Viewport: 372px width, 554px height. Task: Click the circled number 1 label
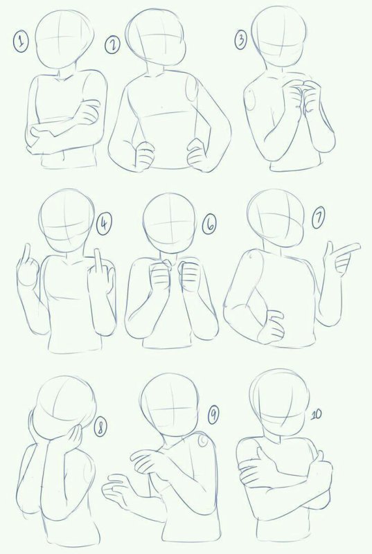[x=21, y=42]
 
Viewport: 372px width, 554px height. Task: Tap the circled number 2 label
[x=112, y=45]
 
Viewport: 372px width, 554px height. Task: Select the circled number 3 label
[x=241, y=40]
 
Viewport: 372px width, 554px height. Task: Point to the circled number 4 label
[x=104, y=224]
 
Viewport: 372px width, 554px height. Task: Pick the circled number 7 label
[x=318, y=218]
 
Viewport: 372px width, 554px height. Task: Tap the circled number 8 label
[x=100, y=427]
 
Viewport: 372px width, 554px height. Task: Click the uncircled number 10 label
[x=317, y=414]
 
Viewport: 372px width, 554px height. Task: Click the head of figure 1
[x=65, y=39]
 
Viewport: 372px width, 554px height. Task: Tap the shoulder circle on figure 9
[x=204, y=440]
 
